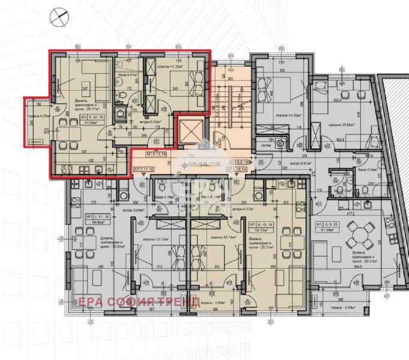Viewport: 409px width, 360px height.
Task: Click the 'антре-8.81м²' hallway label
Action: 300,163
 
